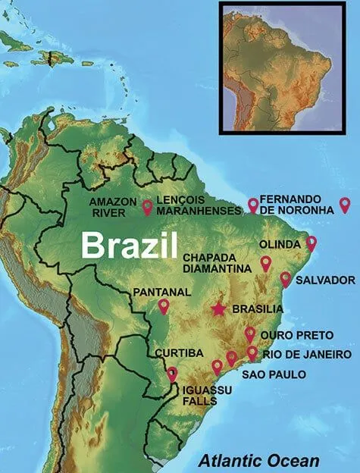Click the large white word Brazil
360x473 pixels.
click(129, 245)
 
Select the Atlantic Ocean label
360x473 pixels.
click(258, 459)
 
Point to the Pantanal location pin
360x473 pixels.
click(164, 305)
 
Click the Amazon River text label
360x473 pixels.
click(113, 207)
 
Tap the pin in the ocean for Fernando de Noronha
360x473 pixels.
click(345, 204)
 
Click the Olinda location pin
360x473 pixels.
click(311, 243)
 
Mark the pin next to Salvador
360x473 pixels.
click(286, 278)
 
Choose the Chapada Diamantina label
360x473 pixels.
click(215, 262)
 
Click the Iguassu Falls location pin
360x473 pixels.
click(172, 373)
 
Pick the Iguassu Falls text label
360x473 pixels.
click(199, 395)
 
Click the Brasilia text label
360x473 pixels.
click(257, 309)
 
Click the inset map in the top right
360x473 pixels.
click(287, 67)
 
